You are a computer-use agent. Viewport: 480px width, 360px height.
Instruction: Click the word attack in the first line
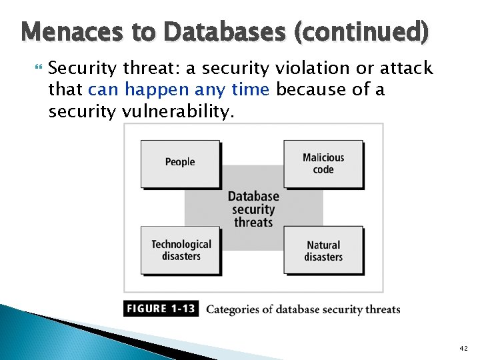tap(407, 68)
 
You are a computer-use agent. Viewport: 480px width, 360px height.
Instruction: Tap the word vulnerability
tap(177, 111)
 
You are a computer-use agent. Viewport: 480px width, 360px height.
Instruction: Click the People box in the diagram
tap(180, 163)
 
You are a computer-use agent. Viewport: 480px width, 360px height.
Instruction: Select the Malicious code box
tap(323, 163)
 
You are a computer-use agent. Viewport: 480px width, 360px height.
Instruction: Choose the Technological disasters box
tap(181, 250)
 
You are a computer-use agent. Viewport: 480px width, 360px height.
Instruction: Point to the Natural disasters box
tap(323, 251)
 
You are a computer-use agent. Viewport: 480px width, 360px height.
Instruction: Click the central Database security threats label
tap(253, 209)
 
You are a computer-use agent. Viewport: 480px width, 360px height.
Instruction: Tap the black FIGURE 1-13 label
tap(161, 309)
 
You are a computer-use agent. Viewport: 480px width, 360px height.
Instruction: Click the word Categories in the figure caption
tap(231, 309)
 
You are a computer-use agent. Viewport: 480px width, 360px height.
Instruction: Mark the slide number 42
tap(464, 349)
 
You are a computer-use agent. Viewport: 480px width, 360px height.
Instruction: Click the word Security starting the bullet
tap(79, 68)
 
